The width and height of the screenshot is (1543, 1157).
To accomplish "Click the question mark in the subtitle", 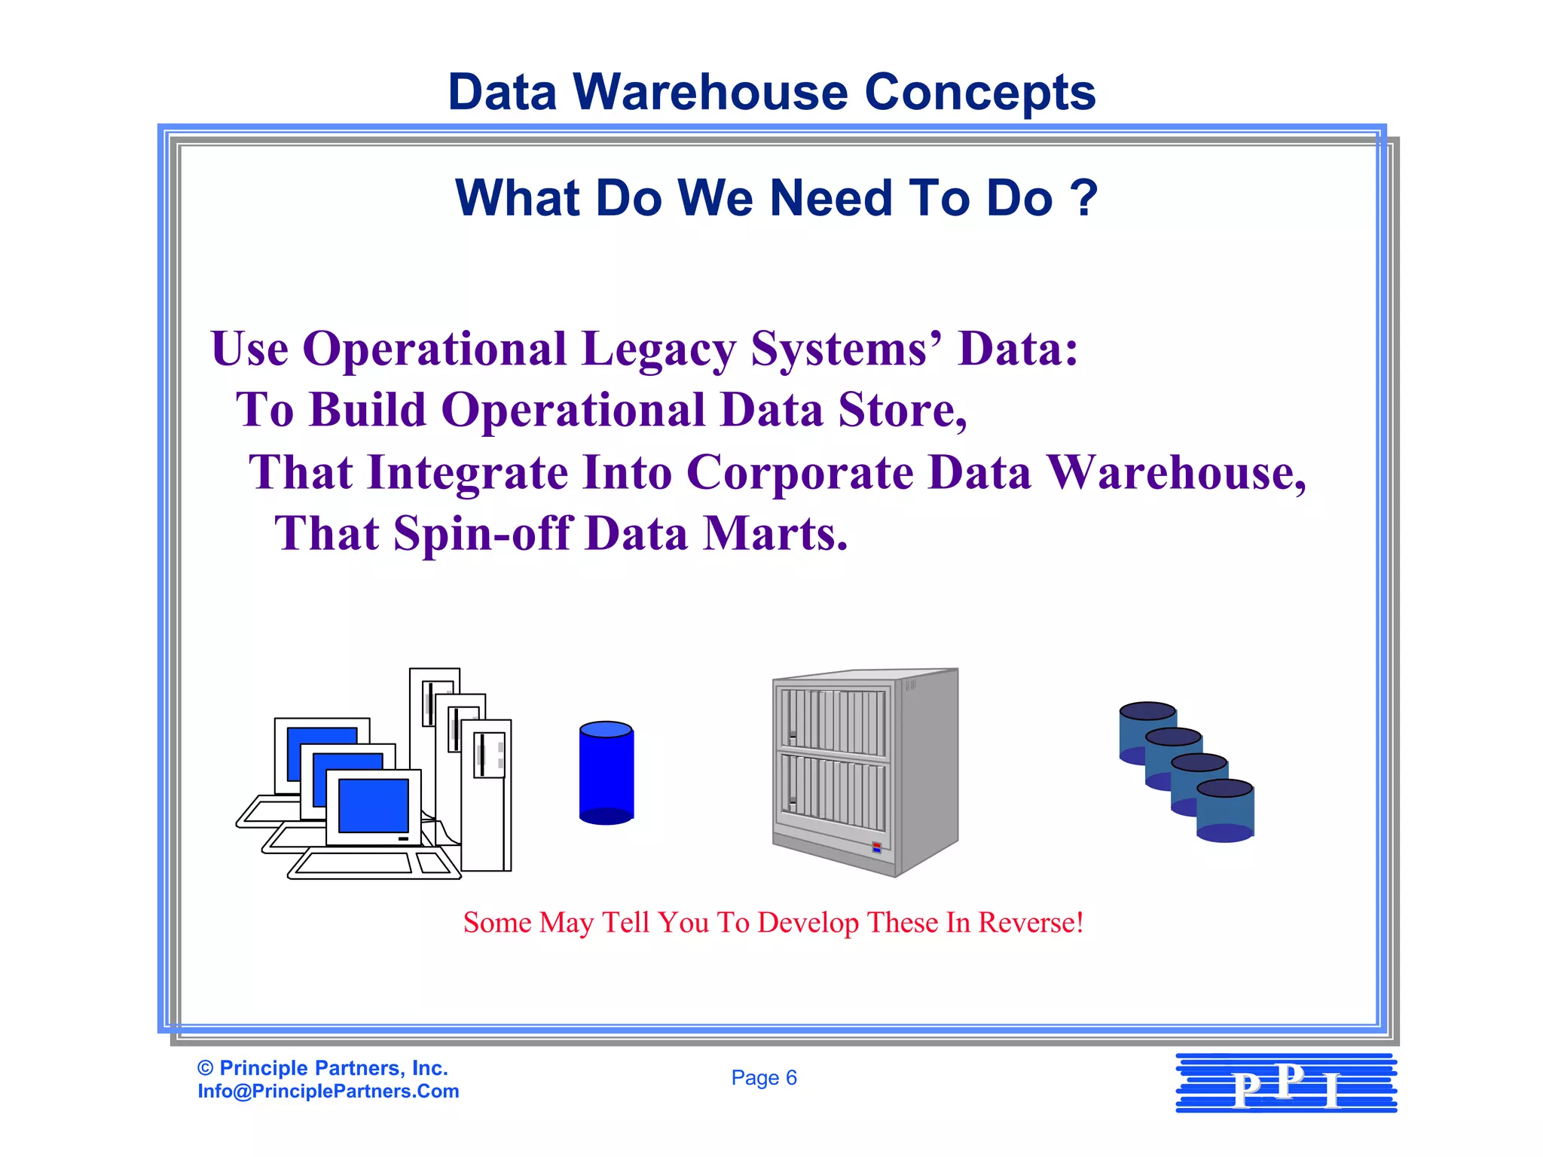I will tap(1084, 198).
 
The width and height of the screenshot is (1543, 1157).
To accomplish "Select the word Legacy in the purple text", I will tap(658, 350).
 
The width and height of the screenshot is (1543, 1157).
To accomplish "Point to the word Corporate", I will tap(799, 473).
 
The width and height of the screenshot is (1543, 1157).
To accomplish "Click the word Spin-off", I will tap(482, 534).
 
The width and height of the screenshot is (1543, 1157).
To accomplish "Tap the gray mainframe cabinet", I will tap(865, 772).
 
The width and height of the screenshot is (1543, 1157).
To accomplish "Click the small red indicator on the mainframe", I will tap(876, 847).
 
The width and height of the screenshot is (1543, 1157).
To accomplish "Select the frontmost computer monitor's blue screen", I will tap(374, 805).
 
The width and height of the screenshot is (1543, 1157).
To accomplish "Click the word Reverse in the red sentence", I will tap(1029, 923).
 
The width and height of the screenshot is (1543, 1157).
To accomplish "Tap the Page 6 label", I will tap(763, 1078).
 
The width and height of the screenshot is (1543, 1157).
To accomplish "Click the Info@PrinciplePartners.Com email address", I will tap(328, 1091).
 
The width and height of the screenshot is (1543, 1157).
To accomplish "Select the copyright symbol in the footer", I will tap(205, 1068).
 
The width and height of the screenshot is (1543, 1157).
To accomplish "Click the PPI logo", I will tap(1286, 1084).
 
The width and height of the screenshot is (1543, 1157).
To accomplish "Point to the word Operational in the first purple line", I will tap(435, 350).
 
